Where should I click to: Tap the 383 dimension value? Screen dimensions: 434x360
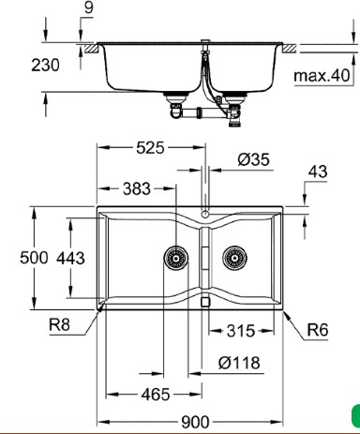(x=137, y=188)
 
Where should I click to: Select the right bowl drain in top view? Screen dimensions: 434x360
(x=233, y=257)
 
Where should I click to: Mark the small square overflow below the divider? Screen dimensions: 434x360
(x=204, y=303)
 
